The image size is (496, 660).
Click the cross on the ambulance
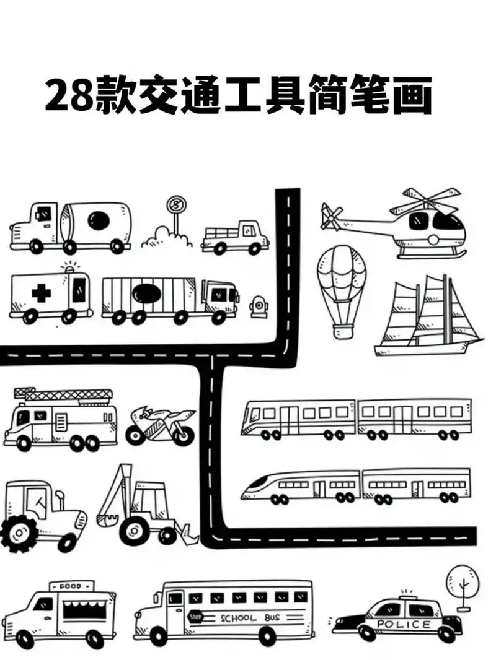[41, 292]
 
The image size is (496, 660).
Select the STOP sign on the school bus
[196, 616]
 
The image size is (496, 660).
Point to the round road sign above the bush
[176, 205]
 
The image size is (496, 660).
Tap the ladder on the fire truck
[65, 394]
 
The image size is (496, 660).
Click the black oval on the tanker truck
[99, 220]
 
